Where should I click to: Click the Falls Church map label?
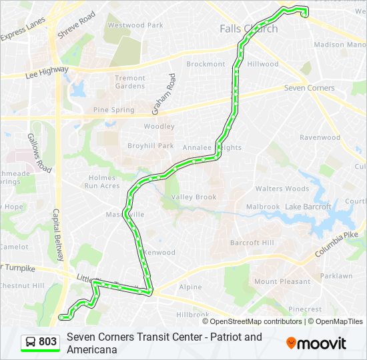point(248,29)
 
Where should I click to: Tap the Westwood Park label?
point(135,25)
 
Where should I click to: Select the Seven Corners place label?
point(309,88)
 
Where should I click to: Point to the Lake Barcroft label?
point(308,207)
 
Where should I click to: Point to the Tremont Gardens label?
point(129,82)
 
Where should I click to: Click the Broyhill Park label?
point(151,146)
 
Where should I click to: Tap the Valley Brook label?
point(194,197)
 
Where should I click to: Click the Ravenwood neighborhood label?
point(320,137)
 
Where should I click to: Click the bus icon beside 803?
point(31,342)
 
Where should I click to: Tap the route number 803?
point(47,342)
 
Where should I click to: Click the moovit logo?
point(316,343)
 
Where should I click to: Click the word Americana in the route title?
point(92,349)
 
